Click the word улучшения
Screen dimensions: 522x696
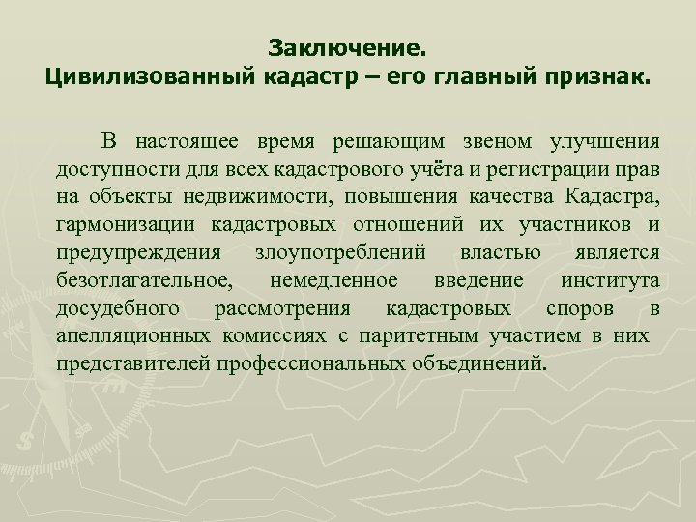pyautogui.click(x=605, y=143)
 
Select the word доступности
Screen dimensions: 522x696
pyautogui.click(x=109, y=171)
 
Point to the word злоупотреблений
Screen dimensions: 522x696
pyautogui.click(x=339, y=253)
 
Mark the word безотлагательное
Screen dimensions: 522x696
pyautogui.click(x=143, y=281)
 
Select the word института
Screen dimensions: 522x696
pyautogui.click(x=610, y=281)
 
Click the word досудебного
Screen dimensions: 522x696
pyautogui.click(x=117, y=309)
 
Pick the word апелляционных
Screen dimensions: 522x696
pyautogui.click(x=132, y=337)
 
